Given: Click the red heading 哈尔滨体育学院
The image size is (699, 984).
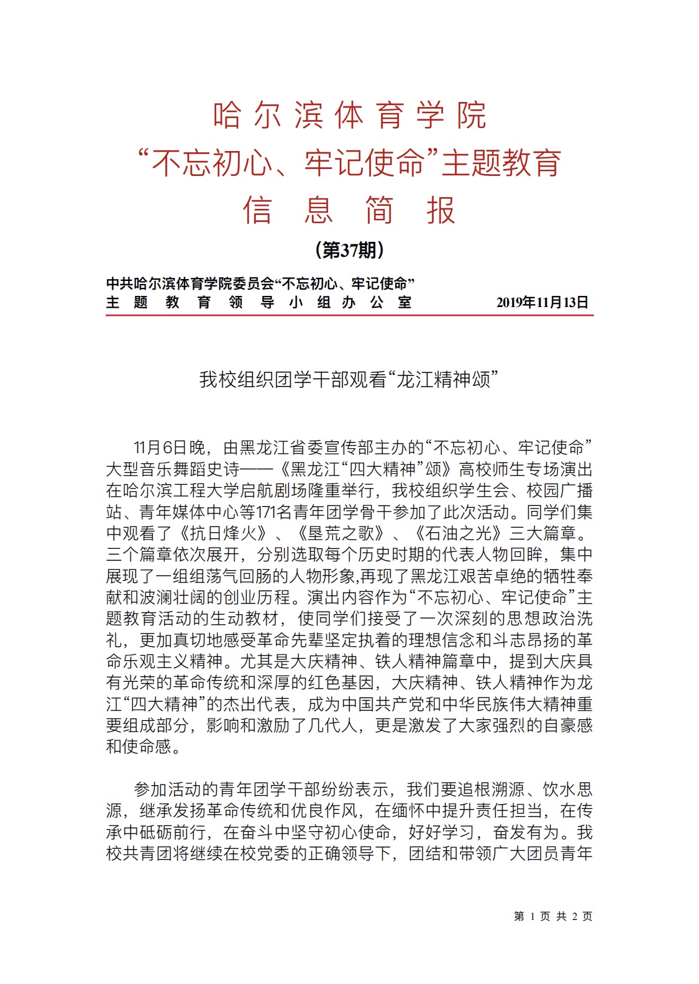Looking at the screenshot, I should (x=349, y=116).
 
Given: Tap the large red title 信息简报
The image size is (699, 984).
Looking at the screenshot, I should (x=349, y=210).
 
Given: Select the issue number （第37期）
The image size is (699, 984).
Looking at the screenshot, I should (x=349, y=250).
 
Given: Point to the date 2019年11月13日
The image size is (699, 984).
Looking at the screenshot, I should (x=542, y=303).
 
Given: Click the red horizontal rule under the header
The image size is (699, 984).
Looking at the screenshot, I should (x=349, y=316).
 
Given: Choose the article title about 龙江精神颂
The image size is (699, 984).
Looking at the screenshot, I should (x=349, y=379).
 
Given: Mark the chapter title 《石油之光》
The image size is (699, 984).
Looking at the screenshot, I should (x=457, y=533).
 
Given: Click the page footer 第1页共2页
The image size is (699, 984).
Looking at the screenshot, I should (x=553, y=916).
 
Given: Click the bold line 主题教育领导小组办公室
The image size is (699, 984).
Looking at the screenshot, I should (x=258, y=303).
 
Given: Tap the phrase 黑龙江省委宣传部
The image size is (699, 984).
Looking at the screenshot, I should (x=298, y=448).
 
